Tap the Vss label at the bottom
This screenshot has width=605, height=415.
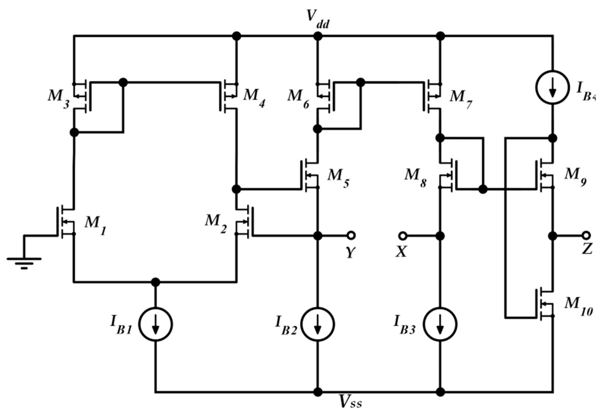tap(350, 403)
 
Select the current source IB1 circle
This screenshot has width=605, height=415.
tap(155, 324)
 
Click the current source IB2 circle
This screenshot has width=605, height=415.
tap(317, 324)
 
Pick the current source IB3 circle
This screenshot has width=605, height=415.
tap(440, 324)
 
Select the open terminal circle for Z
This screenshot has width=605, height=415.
tap(586, 235)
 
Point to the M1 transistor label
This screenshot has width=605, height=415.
tap(95, 225)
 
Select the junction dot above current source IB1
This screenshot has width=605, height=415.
tap(155, 282)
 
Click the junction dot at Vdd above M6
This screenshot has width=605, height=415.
tap(318, 36)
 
